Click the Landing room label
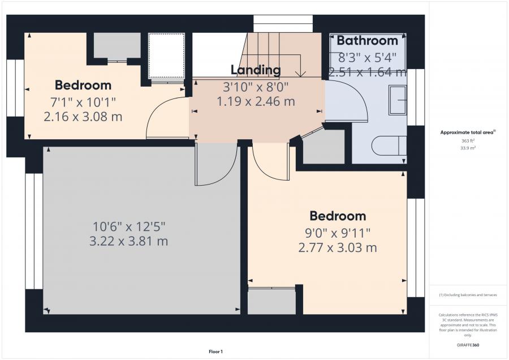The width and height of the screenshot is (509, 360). [x=256, y=70]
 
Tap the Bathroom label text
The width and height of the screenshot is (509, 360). [x=367, y=41]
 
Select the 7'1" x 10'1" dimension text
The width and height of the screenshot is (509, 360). [x=83, y=102]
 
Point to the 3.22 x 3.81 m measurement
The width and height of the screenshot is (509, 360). [x=128, y=241]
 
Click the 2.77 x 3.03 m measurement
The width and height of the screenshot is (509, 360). [x=338, y=247]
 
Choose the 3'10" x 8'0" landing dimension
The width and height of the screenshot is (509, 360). [x=256, y=87]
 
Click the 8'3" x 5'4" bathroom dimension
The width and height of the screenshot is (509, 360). [x=368, y=58]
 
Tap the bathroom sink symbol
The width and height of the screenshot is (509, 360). [x=398, y=100]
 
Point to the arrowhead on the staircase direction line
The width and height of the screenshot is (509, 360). [x=301, y=74]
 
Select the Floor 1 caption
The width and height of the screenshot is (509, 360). [x=215, y=352]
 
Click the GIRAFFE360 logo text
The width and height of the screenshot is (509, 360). [x=468, y=345]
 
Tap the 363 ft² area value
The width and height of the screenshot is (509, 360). [x=468, y=141]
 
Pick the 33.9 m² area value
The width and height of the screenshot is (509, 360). [x=468, y=148]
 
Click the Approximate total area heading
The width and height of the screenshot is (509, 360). [x=468, y=132]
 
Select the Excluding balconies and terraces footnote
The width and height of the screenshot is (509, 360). [x=468, y=295]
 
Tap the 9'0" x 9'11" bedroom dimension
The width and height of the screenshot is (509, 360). [x=338, y=233]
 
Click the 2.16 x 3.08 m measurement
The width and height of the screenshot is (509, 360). [x=83, y=116]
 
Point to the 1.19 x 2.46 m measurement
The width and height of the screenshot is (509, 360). [x=256, y=101]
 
